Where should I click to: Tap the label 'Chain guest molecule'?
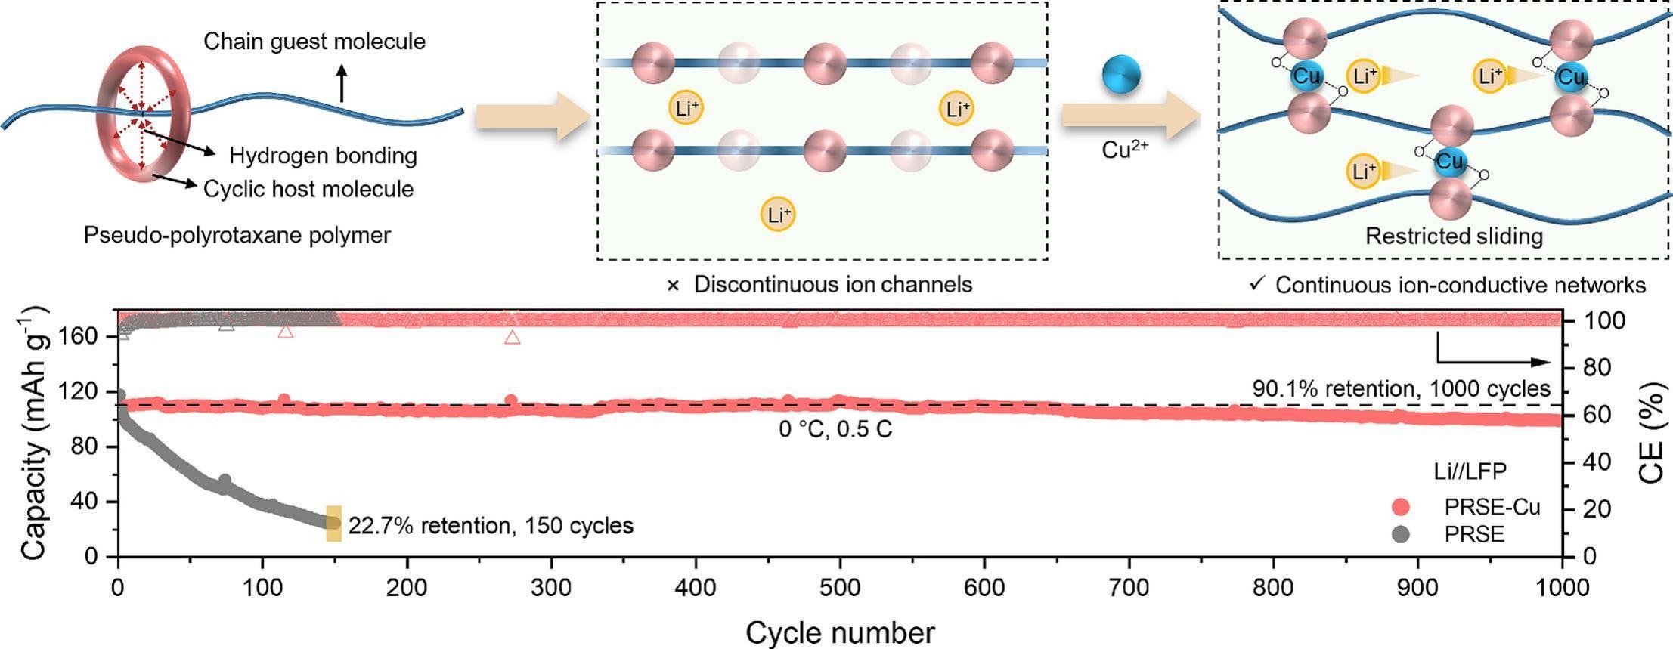314,41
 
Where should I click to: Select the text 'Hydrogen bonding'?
323,156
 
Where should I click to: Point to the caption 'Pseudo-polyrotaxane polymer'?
237,236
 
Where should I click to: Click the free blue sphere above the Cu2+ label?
1120,75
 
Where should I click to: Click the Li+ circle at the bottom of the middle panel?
778,215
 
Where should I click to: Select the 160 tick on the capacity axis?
85,336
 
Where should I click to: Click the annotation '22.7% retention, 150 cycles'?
491,525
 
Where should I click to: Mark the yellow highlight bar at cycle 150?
334,524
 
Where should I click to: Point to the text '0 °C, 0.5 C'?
835,429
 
